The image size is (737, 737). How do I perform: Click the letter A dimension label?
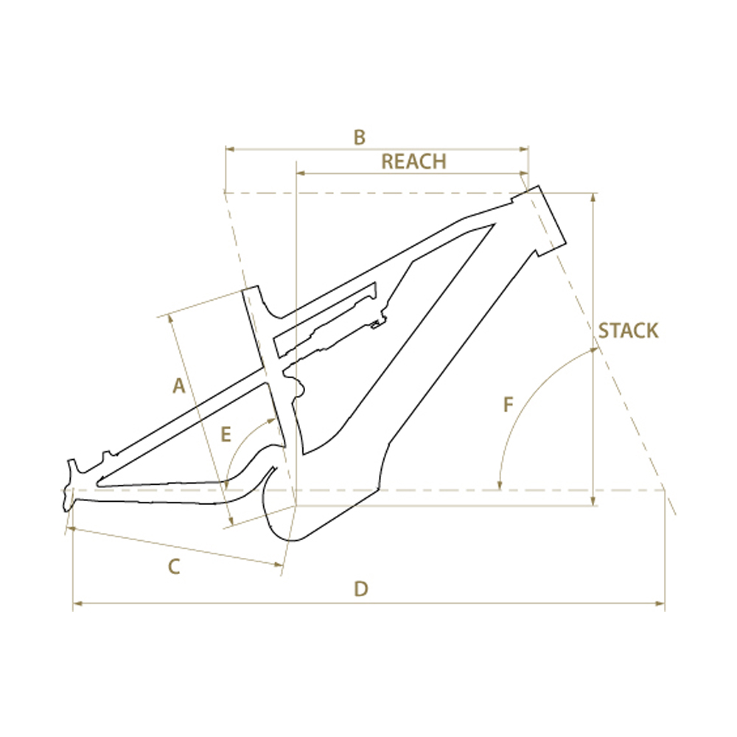[178, 386]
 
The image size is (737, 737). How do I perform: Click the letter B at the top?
[360, 138]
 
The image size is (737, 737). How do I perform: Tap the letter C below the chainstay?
[174, 567]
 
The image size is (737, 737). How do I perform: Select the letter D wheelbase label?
[361, 589]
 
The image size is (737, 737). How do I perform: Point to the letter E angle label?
[226, 434]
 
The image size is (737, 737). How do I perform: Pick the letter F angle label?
[508, 405]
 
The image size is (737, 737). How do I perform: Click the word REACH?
[413, 161]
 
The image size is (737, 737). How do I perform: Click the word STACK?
[629, 331]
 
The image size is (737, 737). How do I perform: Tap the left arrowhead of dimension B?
[230, 150]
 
